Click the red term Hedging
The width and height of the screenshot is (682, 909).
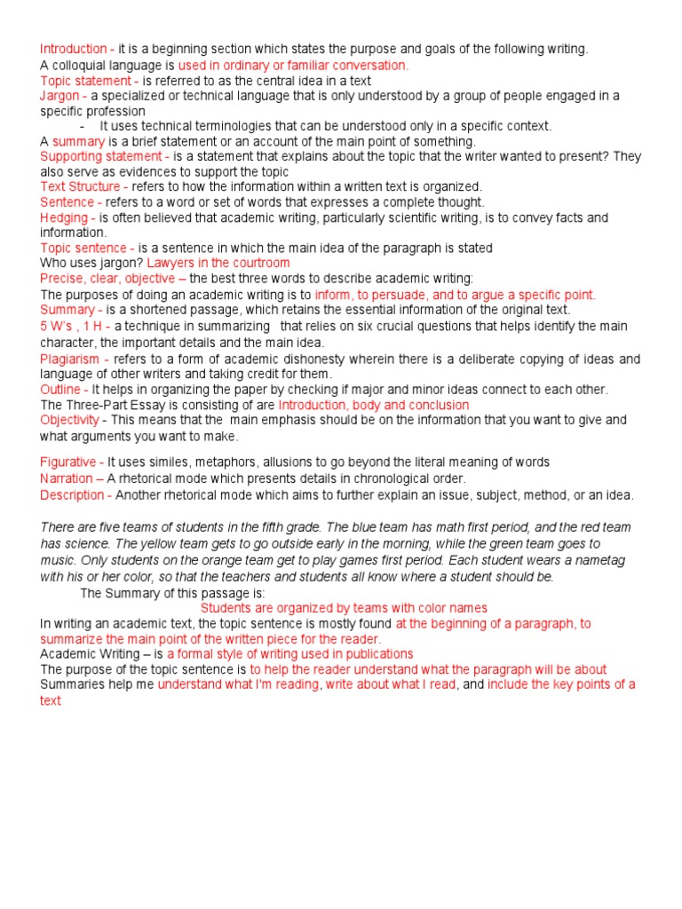coord(64,217)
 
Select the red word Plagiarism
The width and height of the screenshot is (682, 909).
coord(71,359)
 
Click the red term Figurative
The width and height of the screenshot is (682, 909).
coord(68,462)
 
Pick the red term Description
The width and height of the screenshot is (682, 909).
coord(72,494)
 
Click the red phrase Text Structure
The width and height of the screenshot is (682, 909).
coord(80,186)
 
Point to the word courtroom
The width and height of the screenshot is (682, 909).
coord(258,264)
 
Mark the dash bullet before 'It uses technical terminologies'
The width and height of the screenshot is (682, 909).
coord(82,126)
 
